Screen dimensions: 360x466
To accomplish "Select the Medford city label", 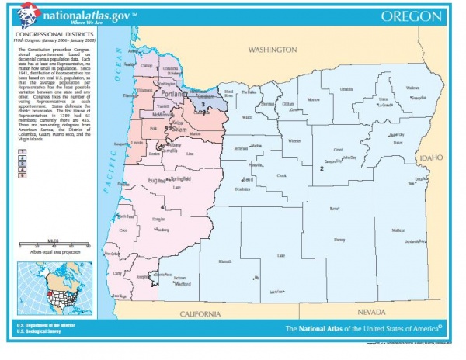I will coord(183,284).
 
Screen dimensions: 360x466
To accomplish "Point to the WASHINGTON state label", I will coord(269,49).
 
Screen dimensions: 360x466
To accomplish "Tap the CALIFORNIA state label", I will coord(201,313).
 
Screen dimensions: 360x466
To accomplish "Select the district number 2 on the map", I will coord(320,168).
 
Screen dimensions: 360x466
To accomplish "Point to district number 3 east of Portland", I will coord(202,103).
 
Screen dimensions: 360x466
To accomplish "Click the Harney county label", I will coord(339,240).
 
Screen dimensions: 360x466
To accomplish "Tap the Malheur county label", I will coord(398,230).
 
